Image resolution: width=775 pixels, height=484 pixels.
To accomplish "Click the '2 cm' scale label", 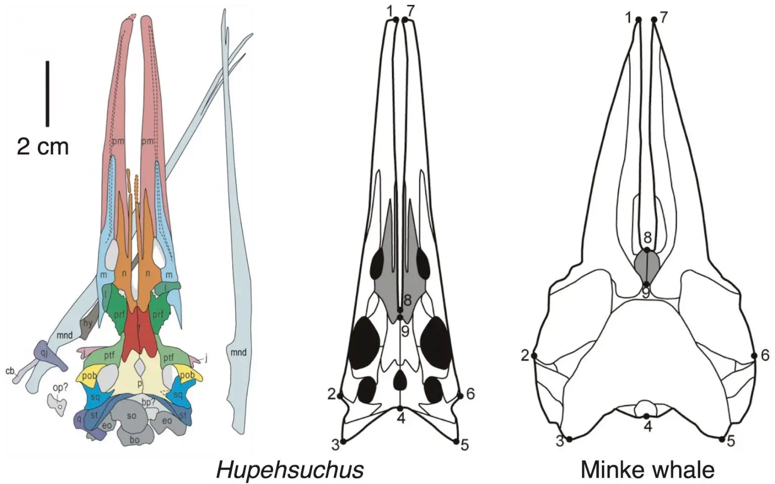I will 43,146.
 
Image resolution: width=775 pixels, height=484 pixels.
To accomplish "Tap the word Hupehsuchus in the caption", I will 290,470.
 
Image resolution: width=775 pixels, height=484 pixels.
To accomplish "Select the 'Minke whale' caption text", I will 647,470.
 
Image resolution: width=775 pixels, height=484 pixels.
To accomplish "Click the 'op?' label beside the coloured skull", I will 60,388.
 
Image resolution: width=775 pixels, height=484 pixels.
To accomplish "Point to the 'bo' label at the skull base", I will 134,440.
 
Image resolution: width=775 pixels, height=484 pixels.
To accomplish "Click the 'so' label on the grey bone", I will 132,416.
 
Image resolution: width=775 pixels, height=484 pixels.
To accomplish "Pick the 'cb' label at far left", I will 10,372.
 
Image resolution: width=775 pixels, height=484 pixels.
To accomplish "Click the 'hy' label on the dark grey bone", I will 88,323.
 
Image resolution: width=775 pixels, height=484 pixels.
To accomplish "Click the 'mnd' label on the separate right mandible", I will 238,352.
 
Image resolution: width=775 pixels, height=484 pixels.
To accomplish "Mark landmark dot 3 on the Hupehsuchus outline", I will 343,442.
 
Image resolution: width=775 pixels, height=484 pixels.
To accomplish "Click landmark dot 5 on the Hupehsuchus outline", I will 457,442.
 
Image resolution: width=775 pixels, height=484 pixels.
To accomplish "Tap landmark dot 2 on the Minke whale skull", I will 534,356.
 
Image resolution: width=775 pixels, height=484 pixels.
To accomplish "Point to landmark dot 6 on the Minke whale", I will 754,356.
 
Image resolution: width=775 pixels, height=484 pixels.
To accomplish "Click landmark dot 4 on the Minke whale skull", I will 646,416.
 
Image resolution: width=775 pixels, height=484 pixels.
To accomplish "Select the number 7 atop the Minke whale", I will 663,18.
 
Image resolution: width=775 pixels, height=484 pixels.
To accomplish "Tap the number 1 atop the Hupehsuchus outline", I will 390,10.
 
